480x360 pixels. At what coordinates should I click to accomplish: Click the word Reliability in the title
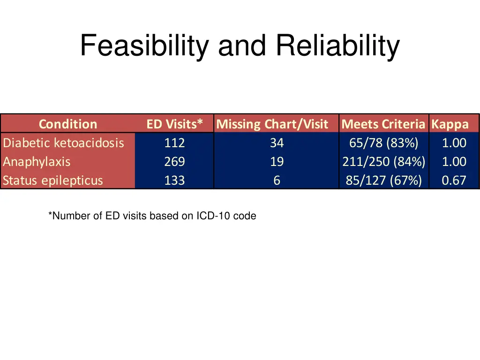337,46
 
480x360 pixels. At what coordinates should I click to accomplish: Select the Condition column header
67,124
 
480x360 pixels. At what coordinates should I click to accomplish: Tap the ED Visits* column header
174,124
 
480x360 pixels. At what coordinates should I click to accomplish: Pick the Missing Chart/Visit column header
272,124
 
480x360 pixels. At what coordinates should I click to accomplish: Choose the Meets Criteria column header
383,124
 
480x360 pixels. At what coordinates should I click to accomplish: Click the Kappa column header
450,124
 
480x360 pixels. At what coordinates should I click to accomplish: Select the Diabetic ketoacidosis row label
63,142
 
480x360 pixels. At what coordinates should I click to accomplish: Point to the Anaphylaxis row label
37,162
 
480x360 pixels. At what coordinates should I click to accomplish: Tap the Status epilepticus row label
52,180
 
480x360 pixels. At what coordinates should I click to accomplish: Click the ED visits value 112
174,142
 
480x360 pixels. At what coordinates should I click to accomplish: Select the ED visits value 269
174,162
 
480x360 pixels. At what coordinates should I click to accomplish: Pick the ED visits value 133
174,180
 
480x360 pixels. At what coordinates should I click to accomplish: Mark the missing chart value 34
277,142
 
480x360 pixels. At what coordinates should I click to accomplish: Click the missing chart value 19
277,162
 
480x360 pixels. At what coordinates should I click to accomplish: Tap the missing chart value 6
277,180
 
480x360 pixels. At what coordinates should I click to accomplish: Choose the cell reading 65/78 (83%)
383,142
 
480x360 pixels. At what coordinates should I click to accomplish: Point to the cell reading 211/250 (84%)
383,162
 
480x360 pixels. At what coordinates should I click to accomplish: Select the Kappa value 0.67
454,180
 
